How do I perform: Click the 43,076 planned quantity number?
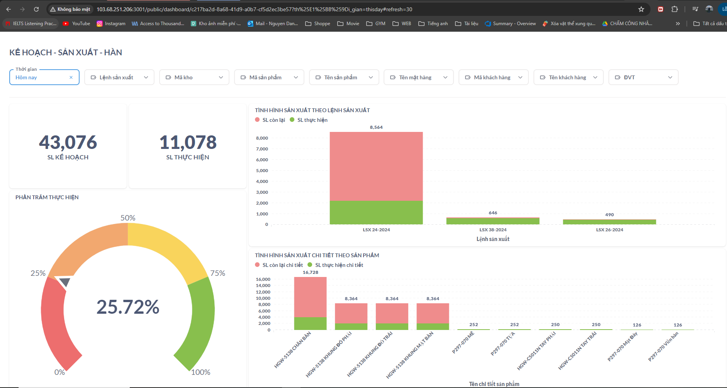point(68,142)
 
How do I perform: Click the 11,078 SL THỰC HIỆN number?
point(188,142)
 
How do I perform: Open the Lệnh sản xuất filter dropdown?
point(119,77)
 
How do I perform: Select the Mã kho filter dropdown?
point(194,77)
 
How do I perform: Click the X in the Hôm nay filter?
point(71,77)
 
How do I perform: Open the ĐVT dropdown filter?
point(643,77)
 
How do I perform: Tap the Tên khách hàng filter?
point(568,77)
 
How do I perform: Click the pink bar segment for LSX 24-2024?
point(376,166)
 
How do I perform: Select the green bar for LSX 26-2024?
point(609,222)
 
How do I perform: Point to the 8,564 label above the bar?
point(376,127)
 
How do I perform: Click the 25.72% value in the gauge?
point(128,307)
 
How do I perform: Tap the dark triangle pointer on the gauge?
point(65,282)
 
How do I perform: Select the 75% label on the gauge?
point(217,273)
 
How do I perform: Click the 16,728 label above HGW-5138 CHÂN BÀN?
point(311,272)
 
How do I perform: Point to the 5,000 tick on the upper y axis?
point(262,171)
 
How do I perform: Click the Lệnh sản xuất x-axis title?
point(493,239)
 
